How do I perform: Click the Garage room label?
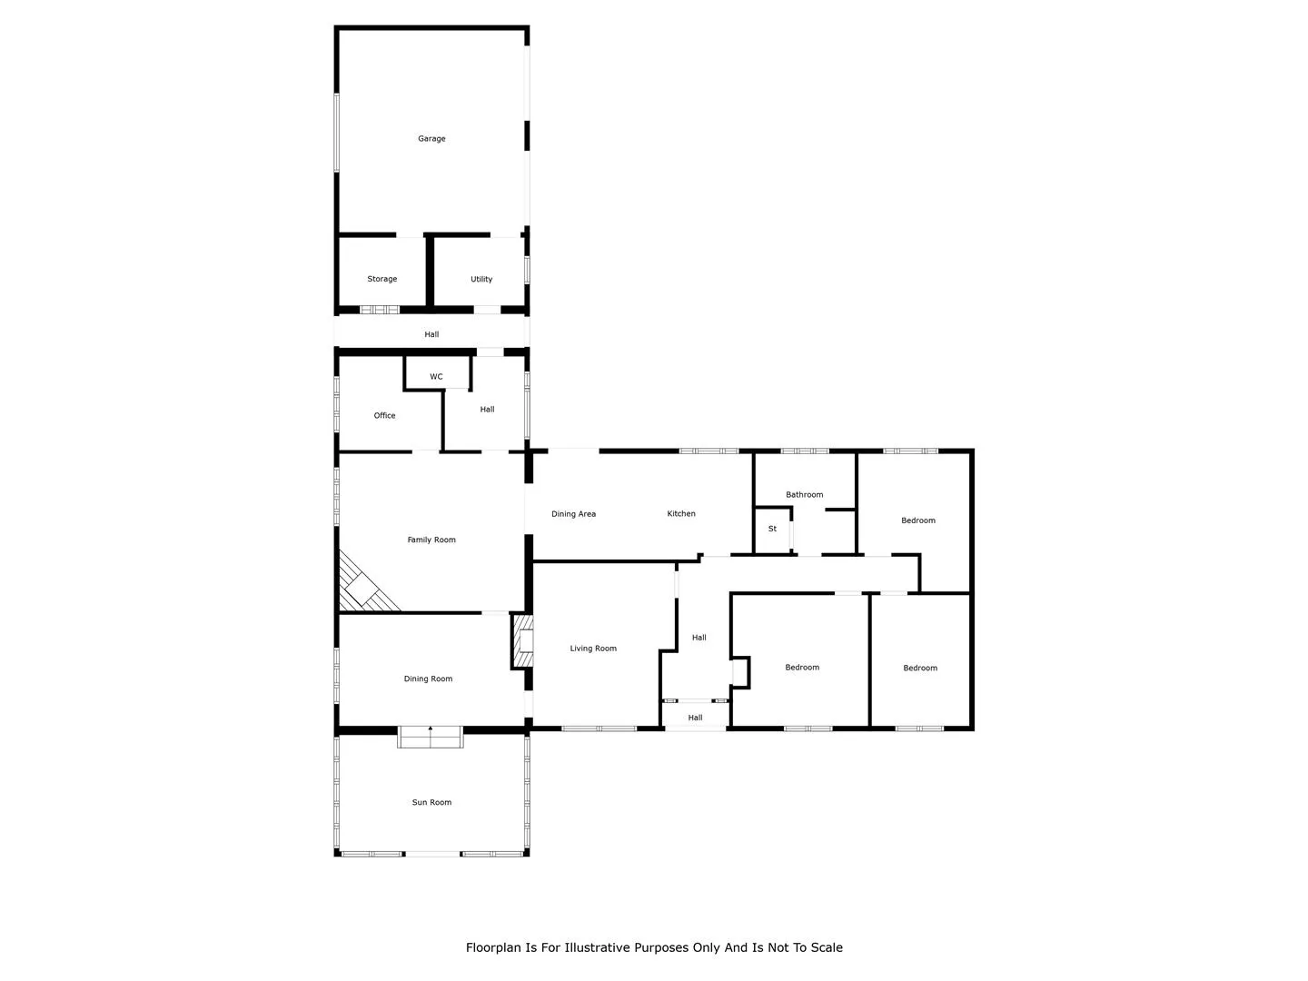[431, 139]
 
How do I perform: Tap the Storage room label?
[382, 279]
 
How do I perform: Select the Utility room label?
[481, 279]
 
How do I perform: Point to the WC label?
[436, 376]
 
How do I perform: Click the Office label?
[384, 415]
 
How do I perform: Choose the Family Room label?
[431, 540]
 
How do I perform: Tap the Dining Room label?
[428, 679]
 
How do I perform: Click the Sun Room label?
[431, 802]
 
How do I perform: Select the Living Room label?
[593, 648]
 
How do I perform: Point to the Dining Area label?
[573, 513]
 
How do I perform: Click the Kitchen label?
[681, 513]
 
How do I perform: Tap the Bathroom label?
[805, 494]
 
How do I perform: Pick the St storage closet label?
[772, 529]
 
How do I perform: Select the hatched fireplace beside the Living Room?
[522, 641]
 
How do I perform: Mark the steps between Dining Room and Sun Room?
[431, 737]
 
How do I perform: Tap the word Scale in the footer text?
[827, 947]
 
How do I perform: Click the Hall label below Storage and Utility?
[431, 334]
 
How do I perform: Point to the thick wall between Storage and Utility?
[430, 271]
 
